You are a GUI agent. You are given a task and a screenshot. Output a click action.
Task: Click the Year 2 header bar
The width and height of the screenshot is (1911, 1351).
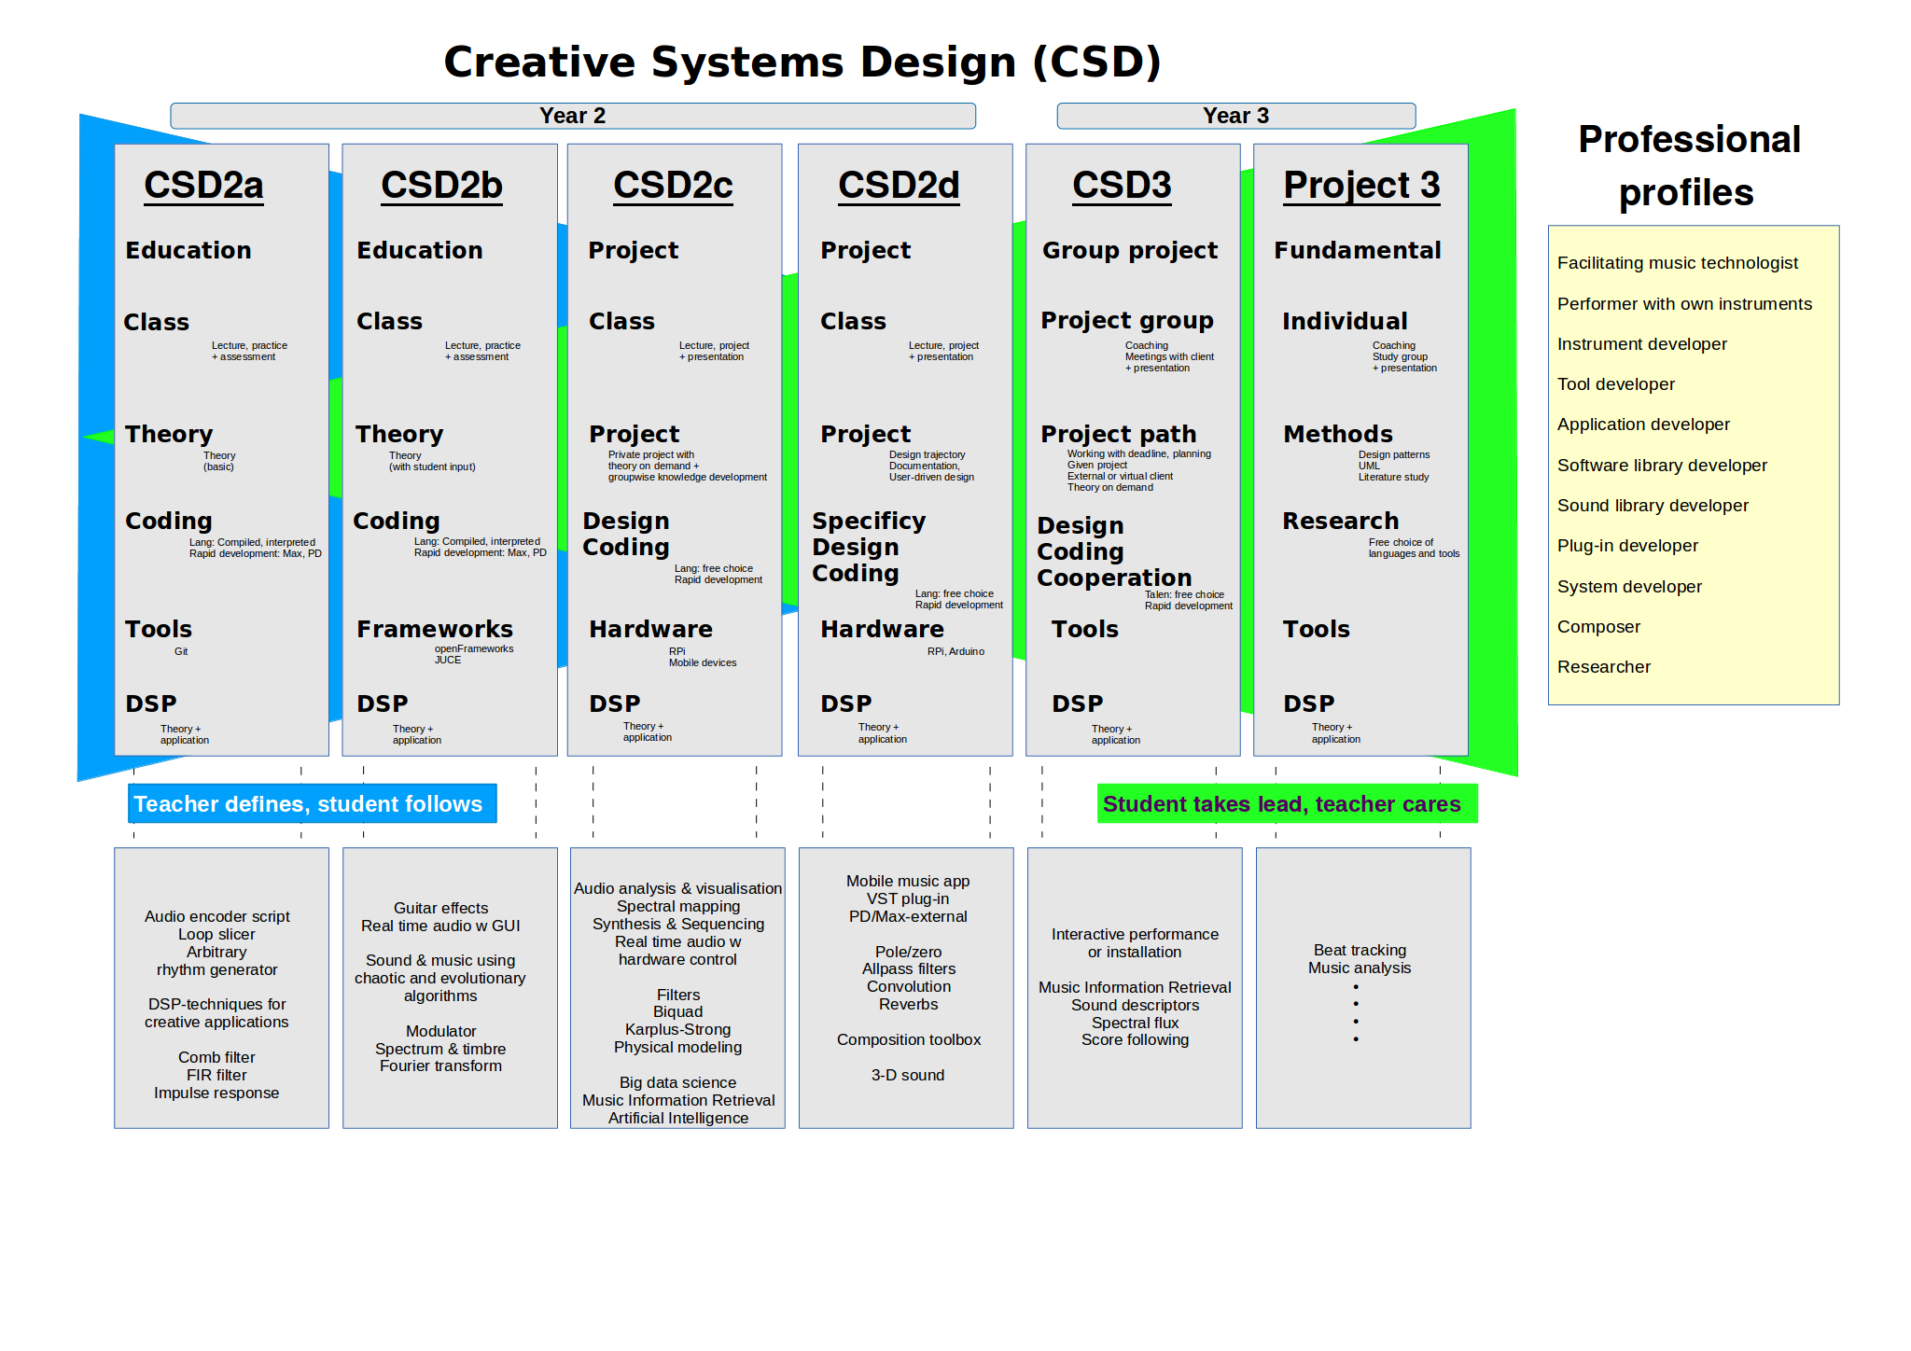pyautogui.click(x=572, y=116)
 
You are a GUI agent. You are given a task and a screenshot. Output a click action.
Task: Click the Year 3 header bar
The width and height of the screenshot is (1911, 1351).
pyautogui.click(x=1235, y=116)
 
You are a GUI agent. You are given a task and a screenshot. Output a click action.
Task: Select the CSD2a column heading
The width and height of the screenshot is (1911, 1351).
pyautogui.click(x=203, y=185)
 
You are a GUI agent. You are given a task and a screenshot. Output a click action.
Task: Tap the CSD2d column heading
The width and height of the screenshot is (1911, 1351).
pyautogui.click(x=899, y=185)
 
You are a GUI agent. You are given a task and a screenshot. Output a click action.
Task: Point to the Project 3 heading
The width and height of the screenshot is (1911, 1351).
pyautogui.click(x=1361, y=185)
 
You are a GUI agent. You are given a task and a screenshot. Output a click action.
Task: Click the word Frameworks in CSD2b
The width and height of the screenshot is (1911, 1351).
pyautogui.click(x=435, y=629)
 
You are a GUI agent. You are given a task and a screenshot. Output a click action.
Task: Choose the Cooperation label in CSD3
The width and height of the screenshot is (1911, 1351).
pyautogui.click(x=1114, y=578)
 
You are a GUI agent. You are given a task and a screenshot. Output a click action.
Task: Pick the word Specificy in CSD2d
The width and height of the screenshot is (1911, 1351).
pyautogui.click(x=869, y=521)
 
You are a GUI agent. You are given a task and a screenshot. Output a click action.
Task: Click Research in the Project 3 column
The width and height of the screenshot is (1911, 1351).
pyautogui.click(x=1340, y=521)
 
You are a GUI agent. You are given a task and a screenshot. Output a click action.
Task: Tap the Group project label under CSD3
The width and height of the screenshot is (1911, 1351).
pyautogui.click(x=1129, y=250)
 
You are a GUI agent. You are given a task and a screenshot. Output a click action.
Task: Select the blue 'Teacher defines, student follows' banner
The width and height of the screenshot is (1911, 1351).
pyautogui.click(x=312, y=803)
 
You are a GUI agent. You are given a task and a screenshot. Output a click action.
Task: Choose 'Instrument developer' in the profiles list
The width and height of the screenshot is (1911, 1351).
pyautogui.click(x=1641, y=344)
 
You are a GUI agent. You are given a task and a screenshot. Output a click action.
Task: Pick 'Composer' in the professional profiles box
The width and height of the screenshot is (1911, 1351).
pyautogui.click(x=1598, y=627)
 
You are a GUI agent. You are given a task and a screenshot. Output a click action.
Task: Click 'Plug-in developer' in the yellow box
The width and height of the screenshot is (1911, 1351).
pyautogui.click(x=1627, y=546)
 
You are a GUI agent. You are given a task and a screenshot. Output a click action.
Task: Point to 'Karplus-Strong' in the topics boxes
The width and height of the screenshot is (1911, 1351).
pyautogui.click(x=677, y=1029)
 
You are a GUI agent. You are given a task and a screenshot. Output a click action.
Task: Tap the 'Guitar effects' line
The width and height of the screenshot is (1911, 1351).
pyautogui.click(x=440, y=908)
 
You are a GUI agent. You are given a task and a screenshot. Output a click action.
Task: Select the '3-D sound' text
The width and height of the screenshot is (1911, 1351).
pyautogui.click(x=907, y=1075)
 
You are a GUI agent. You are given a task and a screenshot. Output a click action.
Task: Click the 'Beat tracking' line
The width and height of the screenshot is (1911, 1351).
pyautogui.click(x=1360, y=950)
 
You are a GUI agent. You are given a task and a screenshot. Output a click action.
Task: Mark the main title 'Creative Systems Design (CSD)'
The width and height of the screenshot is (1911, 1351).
pyautogui.click(x=802, y=62)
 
